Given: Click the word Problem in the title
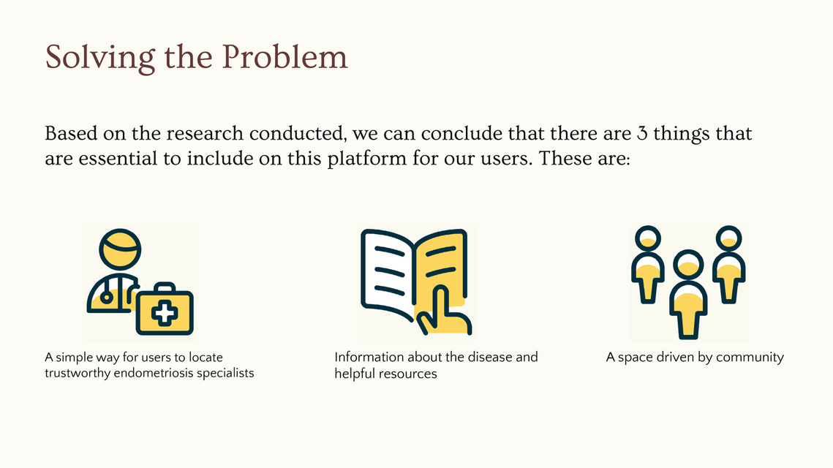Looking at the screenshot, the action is coord(284,56).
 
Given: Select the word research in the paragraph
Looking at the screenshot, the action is coord(205,133).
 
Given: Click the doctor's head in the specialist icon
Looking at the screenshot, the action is coord(120,249).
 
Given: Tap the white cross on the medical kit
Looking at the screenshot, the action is coord(165,314).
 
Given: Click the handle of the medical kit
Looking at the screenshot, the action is coord(164,287).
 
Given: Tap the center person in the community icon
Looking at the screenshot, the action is coord(688,294).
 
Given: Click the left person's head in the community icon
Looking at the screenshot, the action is coord(648,238).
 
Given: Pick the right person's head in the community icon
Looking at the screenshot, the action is coord(729,238).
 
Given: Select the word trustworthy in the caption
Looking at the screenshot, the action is coord(78,373).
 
